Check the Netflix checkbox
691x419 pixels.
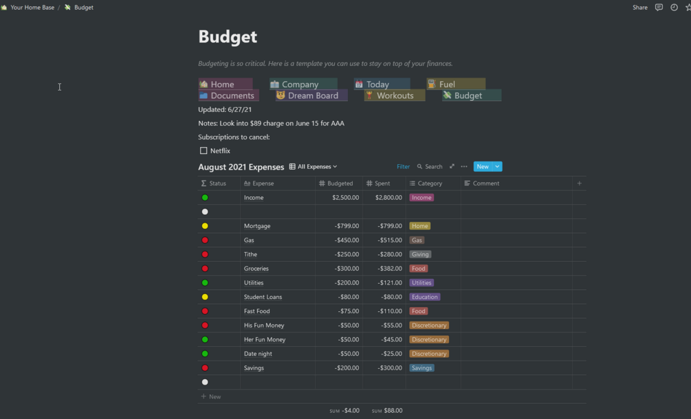[204, 150]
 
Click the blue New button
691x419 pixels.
[483, 166]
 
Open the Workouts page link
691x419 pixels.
[395, 95]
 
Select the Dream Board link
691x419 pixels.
[312, 95]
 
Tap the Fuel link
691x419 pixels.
[447, 84]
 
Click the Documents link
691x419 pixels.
[232, 95]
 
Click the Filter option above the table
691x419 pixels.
[403, 166]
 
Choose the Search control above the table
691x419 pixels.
[430, 166]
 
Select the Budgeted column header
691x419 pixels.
[340, 183]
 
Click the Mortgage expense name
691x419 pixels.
[257, 226]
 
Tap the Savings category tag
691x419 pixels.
[421, 368]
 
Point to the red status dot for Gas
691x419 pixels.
[205, 240]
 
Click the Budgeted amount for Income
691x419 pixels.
[345, 198]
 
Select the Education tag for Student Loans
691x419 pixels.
[425, 297]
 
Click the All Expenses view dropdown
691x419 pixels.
[314, 166]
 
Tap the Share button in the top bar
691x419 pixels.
[639, 8]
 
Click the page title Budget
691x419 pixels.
[228, 37]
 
